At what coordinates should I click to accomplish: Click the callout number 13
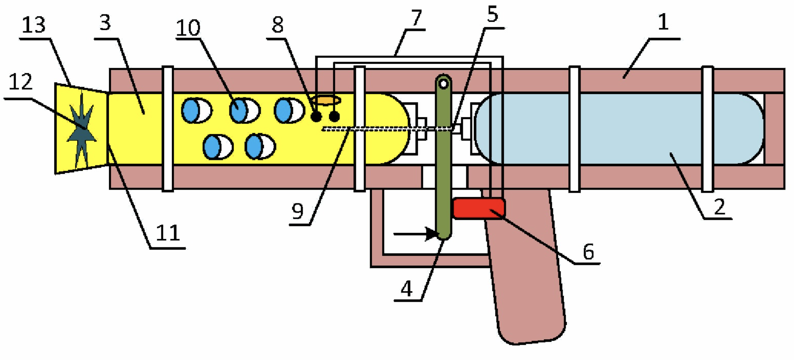coord(33,25)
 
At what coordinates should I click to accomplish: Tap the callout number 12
coord(20,82)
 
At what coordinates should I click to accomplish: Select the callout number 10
coord(188,28)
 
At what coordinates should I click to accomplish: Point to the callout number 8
coord(277,25)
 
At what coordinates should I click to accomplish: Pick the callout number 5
coord(493,14)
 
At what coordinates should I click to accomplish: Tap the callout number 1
coord(663,22)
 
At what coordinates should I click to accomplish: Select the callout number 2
coord(720,206)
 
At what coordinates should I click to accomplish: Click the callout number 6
coord(588,251)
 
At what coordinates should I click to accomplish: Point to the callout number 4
coord(407,289)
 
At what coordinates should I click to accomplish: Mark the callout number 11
coord(168,233)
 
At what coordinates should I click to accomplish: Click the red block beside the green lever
coord(479,208)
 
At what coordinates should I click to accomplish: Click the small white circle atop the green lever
coord(443,84)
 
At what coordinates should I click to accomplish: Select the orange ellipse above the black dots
coord(326,100)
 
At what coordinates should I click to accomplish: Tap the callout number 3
coord(105,23)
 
